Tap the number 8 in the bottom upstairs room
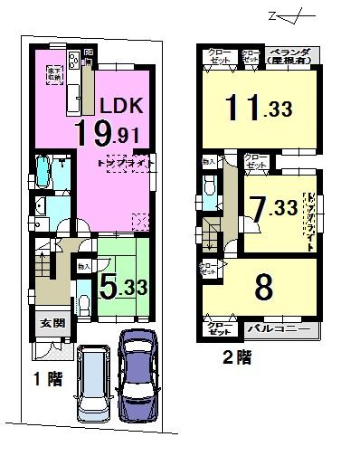[263, 289]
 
